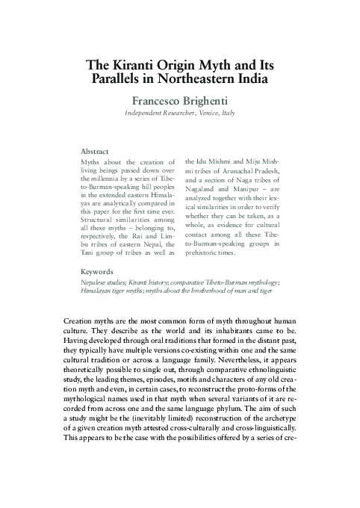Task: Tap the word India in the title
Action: [x=247, y=78]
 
